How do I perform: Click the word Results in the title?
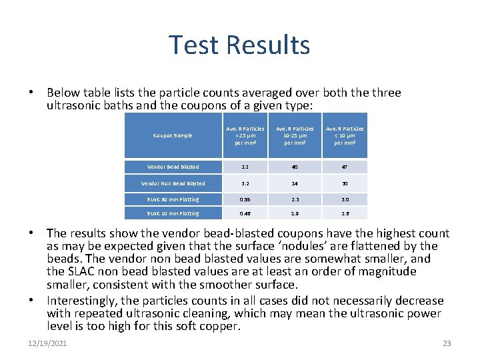pos(268,45)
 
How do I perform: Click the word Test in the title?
pos(195,45)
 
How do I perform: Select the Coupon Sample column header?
pos(173,135)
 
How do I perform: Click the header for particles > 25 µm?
pos(245,135)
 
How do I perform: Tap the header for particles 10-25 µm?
pos(295,135)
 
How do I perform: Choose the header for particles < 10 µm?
pos(344,135)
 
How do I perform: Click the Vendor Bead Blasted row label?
pos(173,167)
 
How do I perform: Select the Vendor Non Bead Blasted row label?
pos(173,183)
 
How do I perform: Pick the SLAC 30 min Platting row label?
pos(173,199)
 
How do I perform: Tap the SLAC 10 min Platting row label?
pos(173,213)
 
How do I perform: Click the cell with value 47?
pos(344,167)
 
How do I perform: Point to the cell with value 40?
pos(295,167)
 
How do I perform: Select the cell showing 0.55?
pos(245,199)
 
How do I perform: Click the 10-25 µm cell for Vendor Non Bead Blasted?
pos(295,183)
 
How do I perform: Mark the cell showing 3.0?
pos(344,199)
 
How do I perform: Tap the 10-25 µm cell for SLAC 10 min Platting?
pos(295,213)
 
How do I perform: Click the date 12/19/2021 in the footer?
pos(47,343)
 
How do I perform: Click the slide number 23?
pos(447,343)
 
